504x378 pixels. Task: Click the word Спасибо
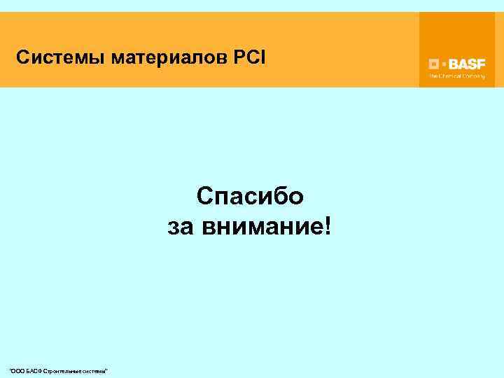click(x=250, y=196)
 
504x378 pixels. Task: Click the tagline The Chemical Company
click(x=457, y=75)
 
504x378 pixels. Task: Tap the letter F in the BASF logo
click(x=481, y=62)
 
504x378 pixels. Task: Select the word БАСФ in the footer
click(x=33, y=370)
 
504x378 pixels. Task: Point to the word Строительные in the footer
click(x=64, y=370)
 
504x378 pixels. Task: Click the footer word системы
click(x=96, y=370)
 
